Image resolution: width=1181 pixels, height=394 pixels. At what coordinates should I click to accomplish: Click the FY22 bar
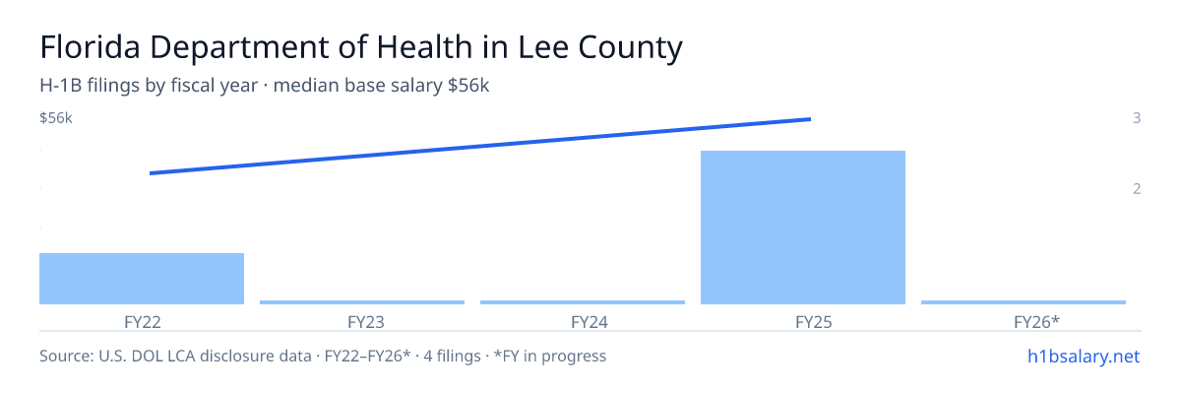coord(142,279)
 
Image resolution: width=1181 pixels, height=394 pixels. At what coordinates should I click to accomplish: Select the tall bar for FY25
coord(803,228)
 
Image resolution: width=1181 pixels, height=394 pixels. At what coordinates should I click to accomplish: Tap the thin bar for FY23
coord(362,302)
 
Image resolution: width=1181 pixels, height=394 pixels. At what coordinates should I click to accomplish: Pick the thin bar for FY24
coord(583,302)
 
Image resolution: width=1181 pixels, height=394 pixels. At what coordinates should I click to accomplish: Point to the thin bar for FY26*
coord(1024,302)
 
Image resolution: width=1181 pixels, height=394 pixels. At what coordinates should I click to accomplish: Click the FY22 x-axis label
coord(143,322)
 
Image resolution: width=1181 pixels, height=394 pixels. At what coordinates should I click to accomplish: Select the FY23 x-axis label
coord(366,322)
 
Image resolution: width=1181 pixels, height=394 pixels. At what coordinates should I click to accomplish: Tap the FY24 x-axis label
coord(590,322)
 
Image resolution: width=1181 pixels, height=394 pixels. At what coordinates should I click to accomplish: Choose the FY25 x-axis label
coord(814,322)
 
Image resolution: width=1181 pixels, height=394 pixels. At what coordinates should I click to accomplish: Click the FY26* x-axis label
coord(1036,322)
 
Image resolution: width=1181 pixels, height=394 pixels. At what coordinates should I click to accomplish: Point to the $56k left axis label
coord(56,118)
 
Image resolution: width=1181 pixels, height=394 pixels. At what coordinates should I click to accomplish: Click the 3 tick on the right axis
coord(1137,118)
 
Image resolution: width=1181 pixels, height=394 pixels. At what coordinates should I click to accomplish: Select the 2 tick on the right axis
coord(1137,189)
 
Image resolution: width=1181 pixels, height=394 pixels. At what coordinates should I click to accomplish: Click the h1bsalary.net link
coord(1084,357)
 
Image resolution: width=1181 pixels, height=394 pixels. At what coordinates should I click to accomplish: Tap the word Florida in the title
coord(91,47)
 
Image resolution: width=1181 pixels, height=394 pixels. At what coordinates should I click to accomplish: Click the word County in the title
coord(630,48)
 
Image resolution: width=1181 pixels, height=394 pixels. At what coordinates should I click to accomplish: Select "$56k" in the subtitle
coord(468,86)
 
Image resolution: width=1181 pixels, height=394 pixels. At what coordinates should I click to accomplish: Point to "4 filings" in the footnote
coord(452,357)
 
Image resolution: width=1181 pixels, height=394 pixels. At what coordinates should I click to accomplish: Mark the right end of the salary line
coord(810,119)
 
